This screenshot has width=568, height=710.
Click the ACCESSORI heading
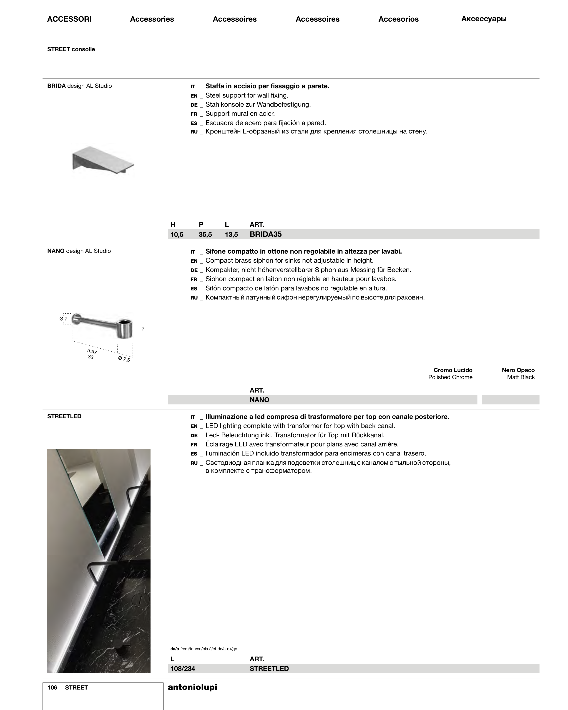[69, 19]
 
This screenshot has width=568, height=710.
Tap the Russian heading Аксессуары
[484, 19]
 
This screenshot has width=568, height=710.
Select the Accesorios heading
[398, 19]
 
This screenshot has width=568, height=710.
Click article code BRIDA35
[265, 234]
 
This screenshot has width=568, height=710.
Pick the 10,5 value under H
[177, 234]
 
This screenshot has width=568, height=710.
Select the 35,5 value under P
[205, 234]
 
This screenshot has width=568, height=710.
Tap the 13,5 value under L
[231, 234]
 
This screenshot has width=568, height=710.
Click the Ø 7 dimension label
[63, 319]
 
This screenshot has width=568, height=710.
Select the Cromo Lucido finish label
[452, 370]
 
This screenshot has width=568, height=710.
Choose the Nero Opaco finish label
[518, 370]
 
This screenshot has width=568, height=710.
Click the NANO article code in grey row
[259, 400]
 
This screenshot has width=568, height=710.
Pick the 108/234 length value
[183, 669]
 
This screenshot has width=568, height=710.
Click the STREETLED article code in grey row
[269, 669]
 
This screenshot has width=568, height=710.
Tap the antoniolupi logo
[192, 687]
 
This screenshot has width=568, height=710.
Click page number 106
[52, 688]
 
